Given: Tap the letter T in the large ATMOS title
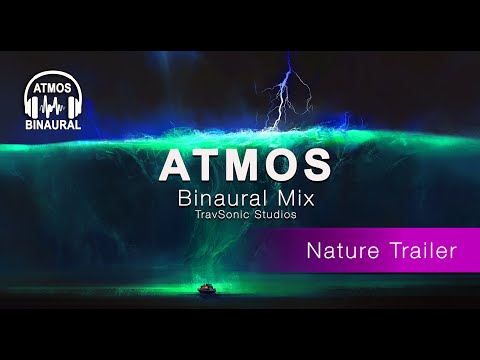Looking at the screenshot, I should coord(210,162).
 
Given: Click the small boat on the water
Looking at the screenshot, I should coord(207,291).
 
